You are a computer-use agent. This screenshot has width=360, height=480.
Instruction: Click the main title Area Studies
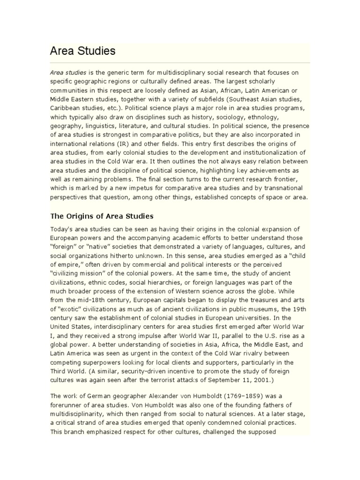pyautogui.click(x=82, y=51)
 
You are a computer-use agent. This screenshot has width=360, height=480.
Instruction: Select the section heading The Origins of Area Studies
pyautogui.click(x=102, y=216)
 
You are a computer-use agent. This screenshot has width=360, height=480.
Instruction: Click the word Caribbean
pyautogui.click(x=66, y=108)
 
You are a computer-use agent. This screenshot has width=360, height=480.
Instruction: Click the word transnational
pyautogui.click(x=286, y=187)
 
